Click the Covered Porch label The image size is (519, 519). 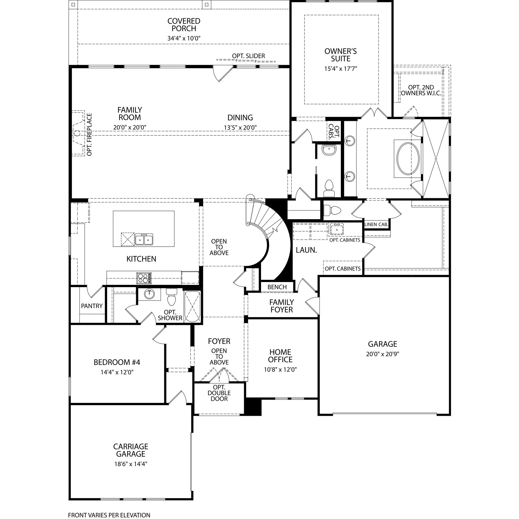(184, 25)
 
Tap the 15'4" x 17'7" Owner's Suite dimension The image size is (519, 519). (340, 69)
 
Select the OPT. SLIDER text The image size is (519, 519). (249, 56)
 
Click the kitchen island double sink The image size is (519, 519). (144, 239)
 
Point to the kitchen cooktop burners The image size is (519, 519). (144, 278)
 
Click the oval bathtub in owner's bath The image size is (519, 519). (408, 158)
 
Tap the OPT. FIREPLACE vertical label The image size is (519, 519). (89, 134)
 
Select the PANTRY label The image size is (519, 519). (92, 306)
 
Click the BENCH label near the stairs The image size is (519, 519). (277, 287)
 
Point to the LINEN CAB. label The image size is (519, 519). (376, 224)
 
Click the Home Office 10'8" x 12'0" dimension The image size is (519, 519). (280, 370)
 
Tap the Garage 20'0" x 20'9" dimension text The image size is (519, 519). (382, 354)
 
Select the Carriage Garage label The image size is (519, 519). (131, 450)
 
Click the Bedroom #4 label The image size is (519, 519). (117, 362)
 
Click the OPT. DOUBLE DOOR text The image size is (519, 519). (219, 393)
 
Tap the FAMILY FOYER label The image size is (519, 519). (282, 306)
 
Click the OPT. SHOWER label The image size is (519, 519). (170, 315)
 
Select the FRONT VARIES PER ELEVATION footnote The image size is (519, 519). (109, 515)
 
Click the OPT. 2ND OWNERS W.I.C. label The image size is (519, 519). (421, 90)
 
